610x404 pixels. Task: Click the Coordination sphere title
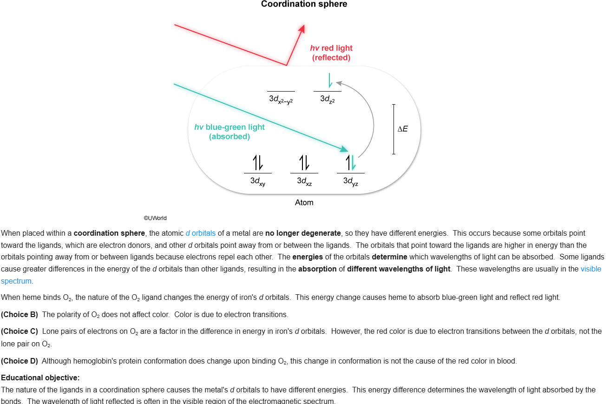[304, 5]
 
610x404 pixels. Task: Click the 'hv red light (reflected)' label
[331, 53]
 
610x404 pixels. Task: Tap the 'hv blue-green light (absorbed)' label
[230, 132]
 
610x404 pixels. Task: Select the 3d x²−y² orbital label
[281, 99]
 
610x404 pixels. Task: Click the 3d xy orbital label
[257, 181]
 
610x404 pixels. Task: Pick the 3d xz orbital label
[304, 181]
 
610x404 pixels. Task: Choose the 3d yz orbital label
[350, 181]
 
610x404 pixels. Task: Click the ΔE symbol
[402, 129]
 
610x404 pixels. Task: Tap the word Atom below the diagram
[304, 203]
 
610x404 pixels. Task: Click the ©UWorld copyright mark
[155, 218]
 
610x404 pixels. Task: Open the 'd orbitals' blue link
[201, 233]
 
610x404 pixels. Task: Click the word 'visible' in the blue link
[590, 269]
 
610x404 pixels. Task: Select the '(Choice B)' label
[20, 315]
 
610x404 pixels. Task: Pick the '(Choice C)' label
[20, 331]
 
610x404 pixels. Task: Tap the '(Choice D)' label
[20, 361]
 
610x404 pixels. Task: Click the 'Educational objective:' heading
[40, 378]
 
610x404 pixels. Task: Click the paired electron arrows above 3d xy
[257, 162]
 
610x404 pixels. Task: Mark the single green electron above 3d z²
[329, 80]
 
